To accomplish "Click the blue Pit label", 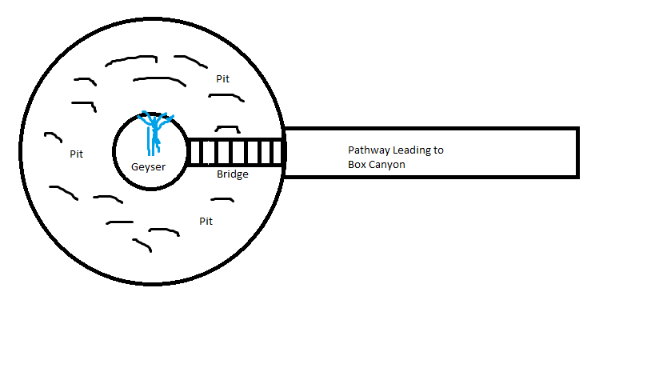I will point(222,80).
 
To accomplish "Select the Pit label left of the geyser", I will point(76,154).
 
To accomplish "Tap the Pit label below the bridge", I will point(206,221).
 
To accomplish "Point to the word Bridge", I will point(233,174).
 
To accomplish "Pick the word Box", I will point(357,165).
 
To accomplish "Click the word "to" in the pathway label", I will point(438,150).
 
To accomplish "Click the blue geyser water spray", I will point(154,132).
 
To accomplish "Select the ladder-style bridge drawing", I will point(235,152).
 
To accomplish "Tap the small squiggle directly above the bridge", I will point(227,128).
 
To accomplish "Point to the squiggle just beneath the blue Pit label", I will point(226,95).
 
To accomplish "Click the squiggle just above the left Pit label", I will point(51,136).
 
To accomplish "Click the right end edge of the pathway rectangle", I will point(577,152).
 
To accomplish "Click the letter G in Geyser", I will point(136,167).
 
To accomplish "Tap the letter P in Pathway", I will point(351,150).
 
